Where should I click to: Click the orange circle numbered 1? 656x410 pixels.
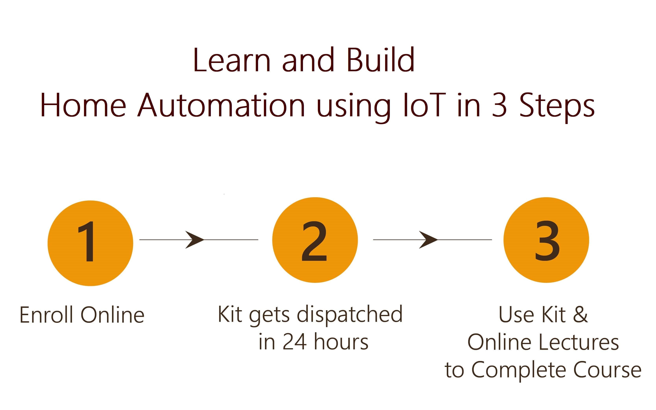90,243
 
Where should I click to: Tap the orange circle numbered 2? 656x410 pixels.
315,240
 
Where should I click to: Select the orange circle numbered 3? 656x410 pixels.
546,240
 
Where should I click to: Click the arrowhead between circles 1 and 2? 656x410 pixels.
195,240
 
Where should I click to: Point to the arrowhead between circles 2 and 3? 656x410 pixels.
428,240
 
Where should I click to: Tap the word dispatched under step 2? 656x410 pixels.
350,315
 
